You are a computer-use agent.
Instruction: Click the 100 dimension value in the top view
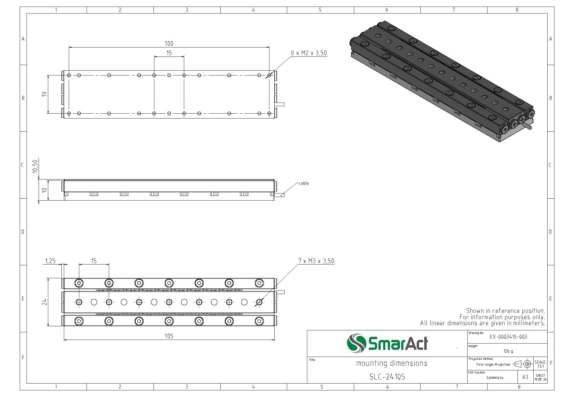(169, 44)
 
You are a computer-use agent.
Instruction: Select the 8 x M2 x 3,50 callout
(309, 53)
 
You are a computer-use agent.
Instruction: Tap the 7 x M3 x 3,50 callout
(316, 261)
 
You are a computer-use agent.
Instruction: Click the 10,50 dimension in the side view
(35, 166)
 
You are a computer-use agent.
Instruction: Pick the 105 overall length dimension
(169, 336)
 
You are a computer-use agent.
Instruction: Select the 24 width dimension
(45, 302)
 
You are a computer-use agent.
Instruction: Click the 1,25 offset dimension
(50, 261)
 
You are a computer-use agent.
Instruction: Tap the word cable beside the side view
(304, 183)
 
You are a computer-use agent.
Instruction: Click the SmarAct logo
(387, 343)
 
